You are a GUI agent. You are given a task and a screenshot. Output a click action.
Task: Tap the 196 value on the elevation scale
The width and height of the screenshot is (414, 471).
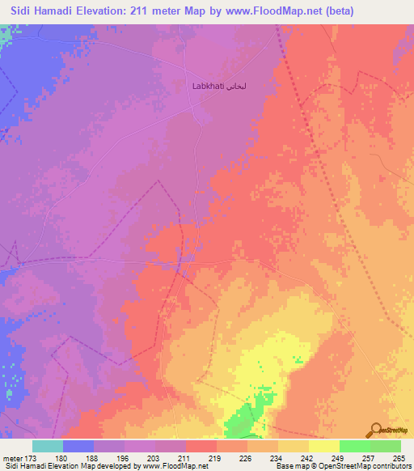pyautogui.click(x=125, y=457)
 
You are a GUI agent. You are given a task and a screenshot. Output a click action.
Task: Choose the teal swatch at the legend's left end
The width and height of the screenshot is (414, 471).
pyautogui.click(x=48, y=446)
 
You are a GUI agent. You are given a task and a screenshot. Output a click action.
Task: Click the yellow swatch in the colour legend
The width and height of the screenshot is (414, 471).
pyautogui.click(x=323, y=446)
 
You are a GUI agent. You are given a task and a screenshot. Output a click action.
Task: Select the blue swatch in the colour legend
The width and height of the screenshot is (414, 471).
pyautogui.click(x=78, y=446)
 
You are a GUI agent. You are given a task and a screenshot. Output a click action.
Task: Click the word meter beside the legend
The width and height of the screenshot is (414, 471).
pyautogui.click(x=12, y=457)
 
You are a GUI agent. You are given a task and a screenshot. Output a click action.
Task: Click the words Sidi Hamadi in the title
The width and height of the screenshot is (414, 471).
pyautogui.click(x=44, y=10)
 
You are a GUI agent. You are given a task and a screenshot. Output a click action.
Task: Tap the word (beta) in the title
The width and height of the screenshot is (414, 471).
pyautogui.click(x=338, y=10)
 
